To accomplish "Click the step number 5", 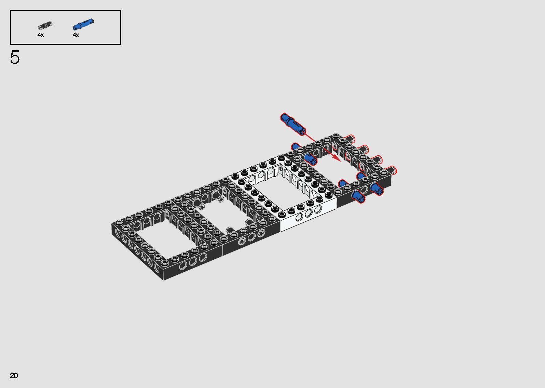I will pos(15,57).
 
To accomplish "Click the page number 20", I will pos(14,375).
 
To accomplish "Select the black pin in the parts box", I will pos(45,26).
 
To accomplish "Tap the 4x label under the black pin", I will pos(41,35).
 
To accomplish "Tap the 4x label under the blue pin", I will pos(76,35).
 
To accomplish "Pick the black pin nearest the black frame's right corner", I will pos(391,170).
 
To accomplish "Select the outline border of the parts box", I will pos(66,11).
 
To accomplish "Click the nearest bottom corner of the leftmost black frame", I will pos(164,279).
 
